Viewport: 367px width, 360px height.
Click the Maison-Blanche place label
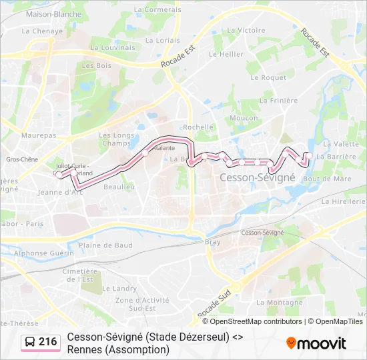pyautogui.click(x=53, y=14)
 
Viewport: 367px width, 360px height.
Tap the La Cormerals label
pyautogui.click(x=157, y=10)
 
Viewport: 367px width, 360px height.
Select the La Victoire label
pyautogui.click(x=246, y=30)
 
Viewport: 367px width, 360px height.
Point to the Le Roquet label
pyautogui.click(x=268, y=77)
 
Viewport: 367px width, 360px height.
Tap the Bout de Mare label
pyautogui.click(x=327, y=179)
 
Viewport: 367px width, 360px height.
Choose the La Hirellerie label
pyautogui.click(x=343, y=201)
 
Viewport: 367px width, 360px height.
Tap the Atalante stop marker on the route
pyautogui.click(x=145, y=153)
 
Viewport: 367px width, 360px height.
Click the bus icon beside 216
pyautogui.click(x=31, y=342)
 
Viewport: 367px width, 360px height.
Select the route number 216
pyautogui.click(x=48, y=342)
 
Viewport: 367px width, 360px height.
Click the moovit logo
pyautogui.click(x=316, y=343)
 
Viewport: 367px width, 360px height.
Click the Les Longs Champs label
pyautogui.click(x=117, y=139)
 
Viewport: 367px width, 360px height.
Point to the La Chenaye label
pyautogui.click(x=42, y=31)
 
